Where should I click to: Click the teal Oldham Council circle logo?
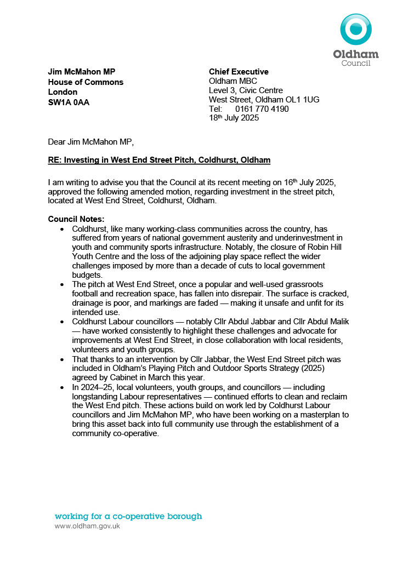coord(356,30)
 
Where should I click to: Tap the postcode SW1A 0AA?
coord(69,102)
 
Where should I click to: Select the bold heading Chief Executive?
coord(239,72)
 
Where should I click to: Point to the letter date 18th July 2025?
coord(234,118)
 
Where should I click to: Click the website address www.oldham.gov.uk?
coord(87,526)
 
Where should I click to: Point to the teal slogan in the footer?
coord(128,516)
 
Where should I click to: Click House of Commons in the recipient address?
coord(86,82)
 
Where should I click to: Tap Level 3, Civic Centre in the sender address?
coord(246,90)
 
